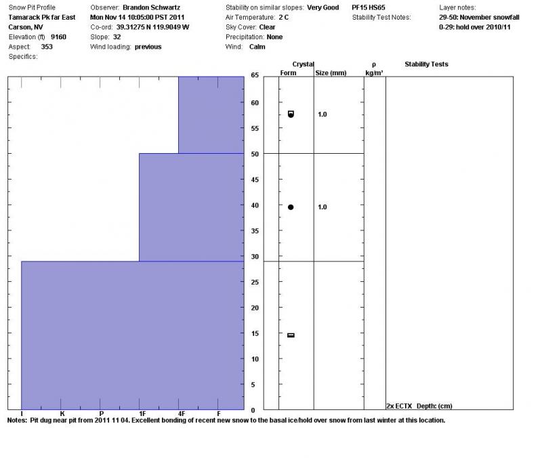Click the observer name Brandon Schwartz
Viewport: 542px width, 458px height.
[x=151, y=7]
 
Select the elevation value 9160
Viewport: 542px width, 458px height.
[x=59, y=37]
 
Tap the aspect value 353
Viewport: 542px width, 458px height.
[x=47, y=47]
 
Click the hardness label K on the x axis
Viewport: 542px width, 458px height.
[x=62, y=413]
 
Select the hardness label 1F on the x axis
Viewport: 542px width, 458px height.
[x=142, y=413]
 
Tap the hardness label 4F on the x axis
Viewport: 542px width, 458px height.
[x=181, y=413]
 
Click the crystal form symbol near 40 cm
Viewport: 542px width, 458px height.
[x=291, y=207]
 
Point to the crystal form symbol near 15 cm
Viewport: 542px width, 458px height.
[x=291, y=335]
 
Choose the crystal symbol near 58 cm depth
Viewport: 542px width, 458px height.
[x=291, y=114]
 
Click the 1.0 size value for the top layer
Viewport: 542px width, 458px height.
[x=322, y=114]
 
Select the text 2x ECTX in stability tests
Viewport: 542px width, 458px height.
[x=400, y=406]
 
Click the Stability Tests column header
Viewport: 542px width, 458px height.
[x=426, y=64]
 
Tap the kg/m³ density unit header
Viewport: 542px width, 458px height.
[x=374, y=72]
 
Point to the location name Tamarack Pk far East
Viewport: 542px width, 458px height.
[x=42, y=17]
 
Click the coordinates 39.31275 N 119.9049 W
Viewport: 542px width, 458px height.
[x=152, y=27]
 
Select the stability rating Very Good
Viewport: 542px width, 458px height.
[x=322, y=7]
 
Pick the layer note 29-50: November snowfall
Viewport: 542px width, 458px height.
[x=479, y=17]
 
